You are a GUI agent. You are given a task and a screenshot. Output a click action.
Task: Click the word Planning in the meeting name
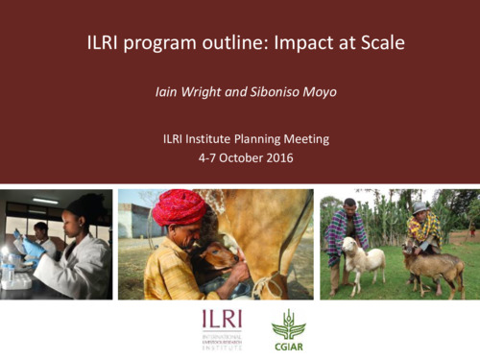coord(251,139)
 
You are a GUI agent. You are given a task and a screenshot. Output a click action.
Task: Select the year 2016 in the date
coord(277,156)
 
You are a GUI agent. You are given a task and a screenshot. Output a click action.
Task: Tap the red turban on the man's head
coord(180,205)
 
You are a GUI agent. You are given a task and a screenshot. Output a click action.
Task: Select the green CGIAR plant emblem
coord(288,323)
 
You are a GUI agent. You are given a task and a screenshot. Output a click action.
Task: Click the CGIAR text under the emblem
coord(288,345)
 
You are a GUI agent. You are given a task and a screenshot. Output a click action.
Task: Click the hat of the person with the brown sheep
coord(420,205)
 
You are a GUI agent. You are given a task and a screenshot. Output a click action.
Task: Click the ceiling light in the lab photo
coord(44,201)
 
